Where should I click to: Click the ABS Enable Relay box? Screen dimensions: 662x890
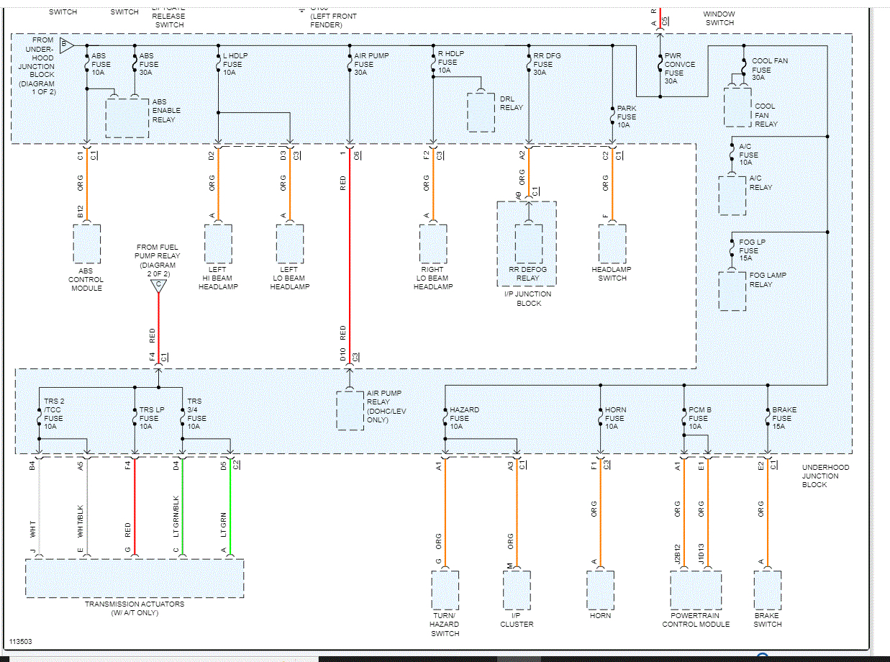click(x=127, y=117)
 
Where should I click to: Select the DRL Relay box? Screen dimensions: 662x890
click(x=481, y=112)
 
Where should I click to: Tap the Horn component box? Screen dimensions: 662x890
click(x=600, y=590)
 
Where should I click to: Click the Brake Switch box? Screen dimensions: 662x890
click(x=767, y=590)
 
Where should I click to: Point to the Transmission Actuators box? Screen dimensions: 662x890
click(x=135, y=579)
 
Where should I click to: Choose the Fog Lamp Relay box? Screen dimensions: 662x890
click(x=732, y=291)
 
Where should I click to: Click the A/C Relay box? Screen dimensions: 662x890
click(x=732, y=195)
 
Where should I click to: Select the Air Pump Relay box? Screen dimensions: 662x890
click(x=350, y=410)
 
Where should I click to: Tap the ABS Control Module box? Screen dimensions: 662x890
click(x=86, y=244)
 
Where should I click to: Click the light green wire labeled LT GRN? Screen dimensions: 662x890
click(x=230, y=507)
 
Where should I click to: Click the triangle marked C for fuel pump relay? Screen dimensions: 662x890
click(x=158, y=286)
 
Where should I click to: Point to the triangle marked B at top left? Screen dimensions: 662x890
click(x=66, y=45)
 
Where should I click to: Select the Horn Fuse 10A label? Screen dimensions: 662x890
click(x=615, y=418)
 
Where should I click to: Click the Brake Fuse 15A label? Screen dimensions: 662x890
click(x=783, y=418)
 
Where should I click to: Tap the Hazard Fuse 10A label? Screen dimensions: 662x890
click(x=464, y=418)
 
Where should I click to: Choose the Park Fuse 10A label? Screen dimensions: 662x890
click(x=626, y=117)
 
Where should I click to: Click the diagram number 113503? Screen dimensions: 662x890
click(x=20, y=641)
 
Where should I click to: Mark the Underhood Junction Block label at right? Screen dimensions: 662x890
click(x=825, y=476)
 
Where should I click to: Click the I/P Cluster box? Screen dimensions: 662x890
click(x=517, y=590)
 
